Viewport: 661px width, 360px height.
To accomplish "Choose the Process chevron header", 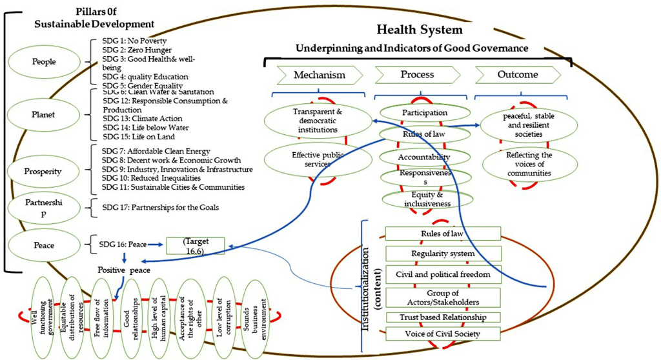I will pos(417,75).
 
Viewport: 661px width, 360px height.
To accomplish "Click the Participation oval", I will pos(424,113).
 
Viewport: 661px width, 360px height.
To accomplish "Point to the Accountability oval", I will pos(424,157).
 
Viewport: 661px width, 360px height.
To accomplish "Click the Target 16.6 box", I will pos(196,245).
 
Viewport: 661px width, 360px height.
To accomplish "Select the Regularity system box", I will pos(442,254).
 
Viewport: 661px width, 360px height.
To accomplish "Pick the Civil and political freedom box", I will pos(442,274).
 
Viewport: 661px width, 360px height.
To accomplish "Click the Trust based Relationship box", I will pos(442,317).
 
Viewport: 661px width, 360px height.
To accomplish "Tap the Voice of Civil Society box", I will pos(442,334).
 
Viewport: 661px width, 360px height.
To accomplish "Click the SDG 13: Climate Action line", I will pos(142,119).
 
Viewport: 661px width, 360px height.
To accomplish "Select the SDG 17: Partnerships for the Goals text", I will pos(160,207).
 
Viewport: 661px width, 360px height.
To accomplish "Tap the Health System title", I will pos(420,30).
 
